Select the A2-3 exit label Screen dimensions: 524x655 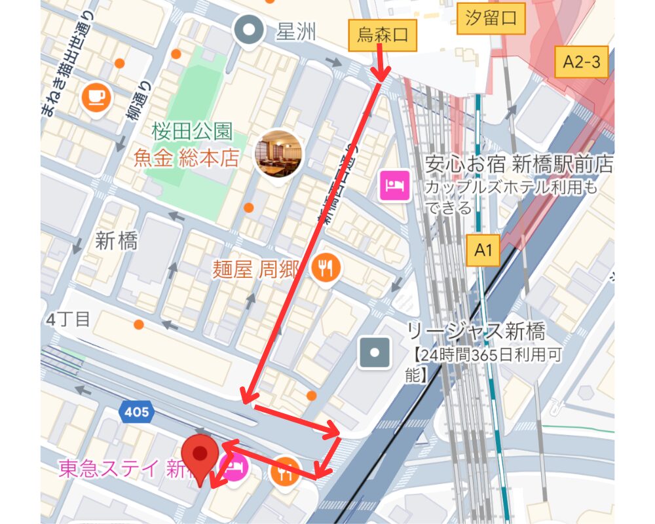tap(581, 62)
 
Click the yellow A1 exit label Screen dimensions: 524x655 tap(483, 250)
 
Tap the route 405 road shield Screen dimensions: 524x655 tap(136, 412)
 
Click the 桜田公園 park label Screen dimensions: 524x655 tap(192, 131)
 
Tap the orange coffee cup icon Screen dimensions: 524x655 tap(97, 97)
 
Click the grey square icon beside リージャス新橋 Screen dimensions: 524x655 tap(375, 352)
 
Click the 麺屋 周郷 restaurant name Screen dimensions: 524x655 tap(256, 269)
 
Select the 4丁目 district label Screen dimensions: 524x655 tap(69, 320)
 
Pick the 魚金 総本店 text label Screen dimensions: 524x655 tap(187, 159)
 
